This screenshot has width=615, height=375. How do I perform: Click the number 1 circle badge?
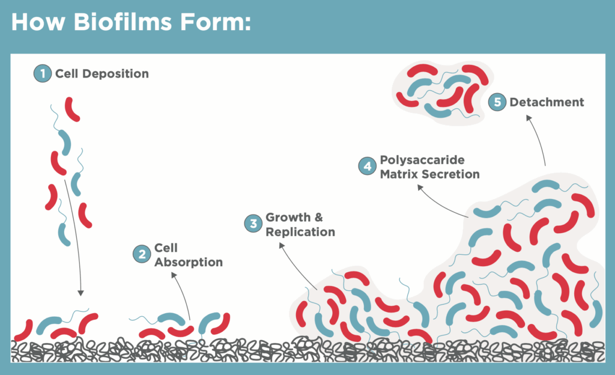[43, 73]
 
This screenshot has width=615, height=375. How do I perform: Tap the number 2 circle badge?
[142, 254]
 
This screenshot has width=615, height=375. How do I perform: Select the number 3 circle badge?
[253, 224]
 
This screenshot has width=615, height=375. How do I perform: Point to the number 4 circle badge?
[368, 166]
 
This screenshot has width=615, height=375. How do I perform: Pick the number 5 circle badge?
[497, 102]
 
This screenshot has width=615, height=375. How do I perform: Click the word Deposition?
[115, 74]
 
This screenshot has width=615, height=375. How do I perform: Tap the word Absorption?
[188, 262]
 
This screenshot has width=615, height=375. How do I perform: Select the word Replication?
[300, 232]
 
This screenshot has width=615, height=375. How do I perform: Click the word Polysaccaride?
[422, 160]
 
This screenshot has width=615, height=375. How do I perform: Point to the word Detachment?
[547, 102]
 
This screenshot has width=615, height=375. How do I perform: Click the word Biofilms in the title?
[123, 22]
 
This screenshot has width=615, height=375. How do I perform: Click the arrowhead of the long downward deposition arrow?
[80, 293]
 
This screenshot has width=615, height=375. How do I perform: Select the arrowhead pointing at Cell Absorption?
[174, 275]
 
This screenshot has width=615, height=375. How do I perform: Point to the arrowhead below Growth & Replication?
[281, 245]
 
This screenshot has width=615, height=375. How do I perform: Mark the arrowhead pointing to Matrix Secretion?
[420, 187]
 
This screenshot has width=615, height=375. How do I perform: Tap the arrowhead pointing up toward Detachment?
[529, 118]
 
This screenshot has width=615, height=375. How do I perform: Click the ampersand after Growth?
[318, 218]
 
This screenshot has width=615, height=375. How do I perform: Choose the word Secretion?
[449, 174]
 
